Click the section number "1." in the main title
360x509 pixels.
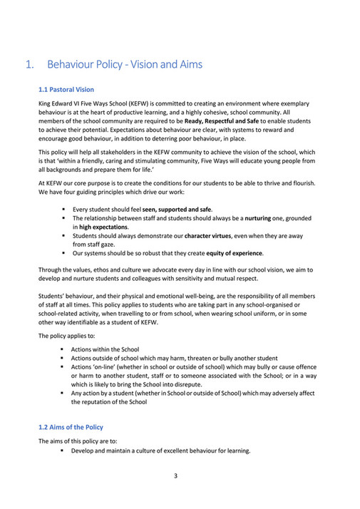(x=30, y=65)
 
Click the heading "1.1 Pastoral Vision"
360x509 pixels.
(x=66, y=90)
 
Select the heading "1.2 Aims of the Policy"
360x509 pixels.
(x=71, y=427)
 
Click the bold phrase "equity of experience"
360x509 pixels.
(x=233, y=253)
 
